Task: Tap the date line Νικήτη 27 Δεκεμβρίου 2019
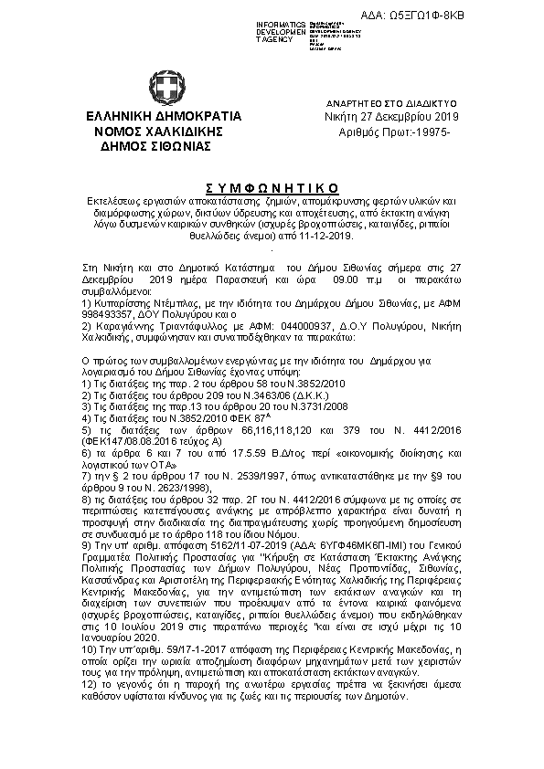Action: point(392,118)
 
